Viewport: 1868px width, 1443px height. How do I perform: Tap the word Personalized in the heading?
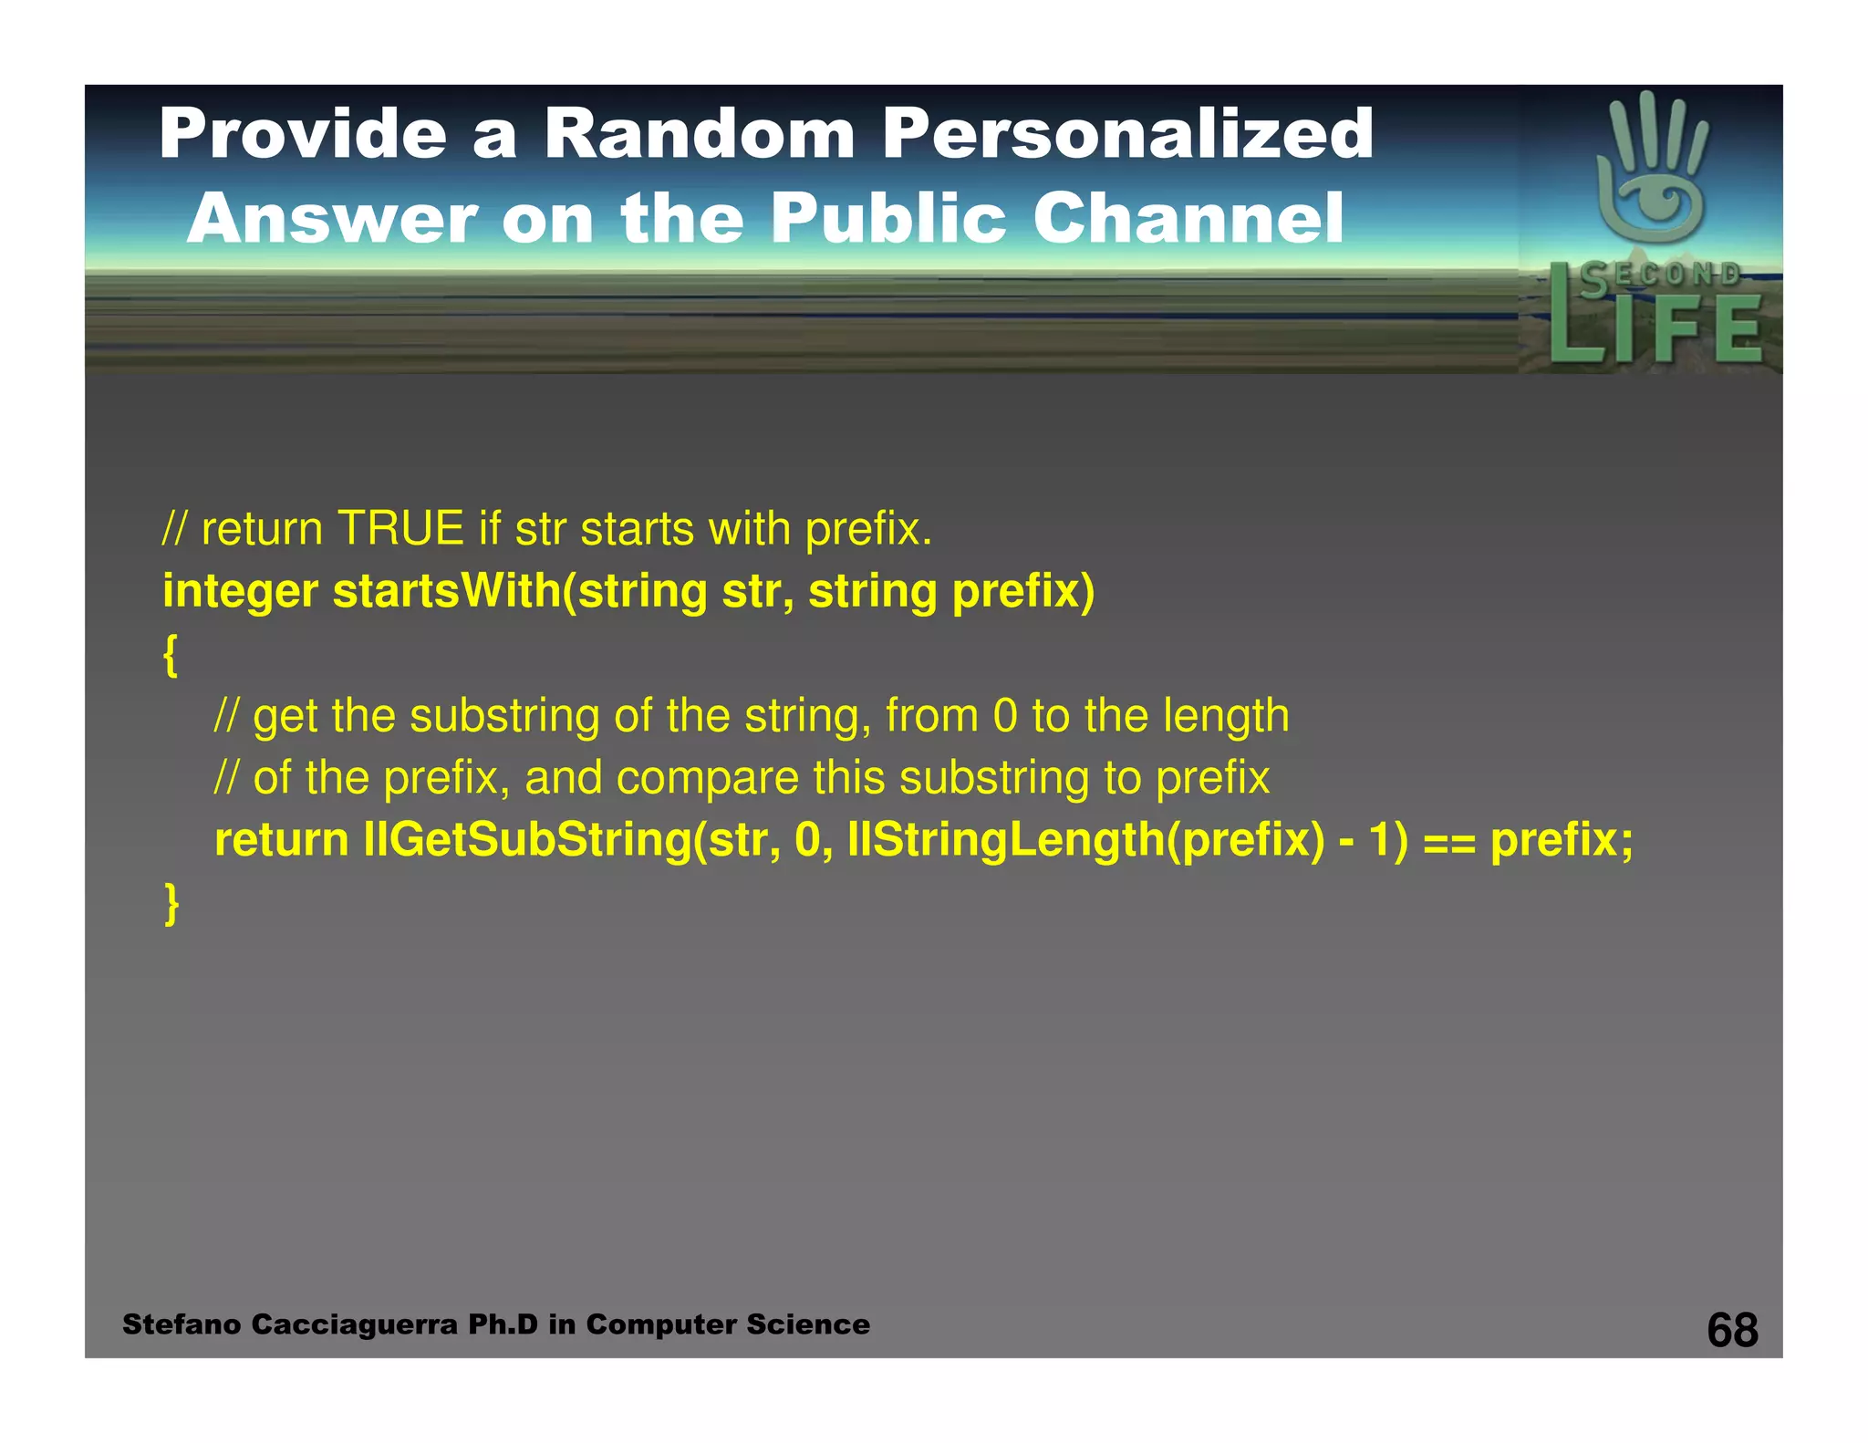pos(1127,134)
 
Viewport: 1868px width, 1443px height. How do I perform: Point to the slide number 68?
pos(1732,1330)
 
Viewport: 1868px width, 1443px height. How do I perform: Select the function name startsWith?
pos(447,591)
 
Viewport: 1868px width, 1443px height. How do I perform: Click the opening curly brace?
pos(171,655)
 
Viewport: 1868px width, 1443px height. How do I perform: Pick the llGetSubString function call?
pos(527,840)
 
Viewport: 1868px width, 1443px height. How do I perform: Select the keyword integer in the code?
pos(240,593)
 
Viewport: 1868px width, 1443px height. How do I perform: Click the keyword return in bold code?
pos(281,840)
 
